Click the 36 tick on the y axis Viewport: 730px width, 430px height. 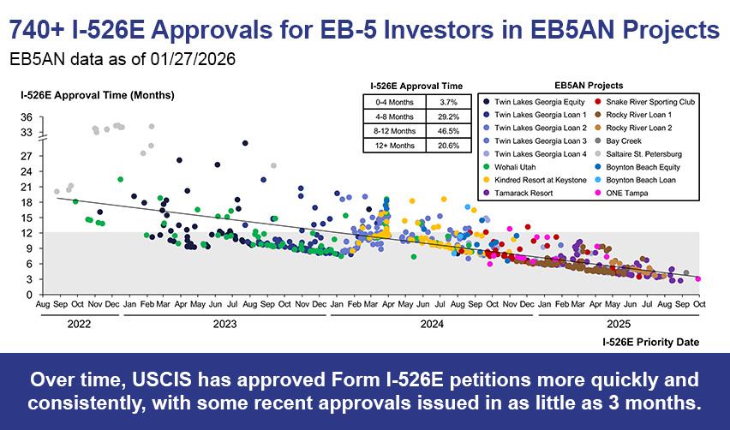click(x=27, y=116)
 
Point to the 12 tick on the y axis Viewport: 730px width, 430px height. click(x=27, y=233)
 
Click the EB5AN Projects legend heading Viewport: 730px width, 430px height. click(x=589, y=86)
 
